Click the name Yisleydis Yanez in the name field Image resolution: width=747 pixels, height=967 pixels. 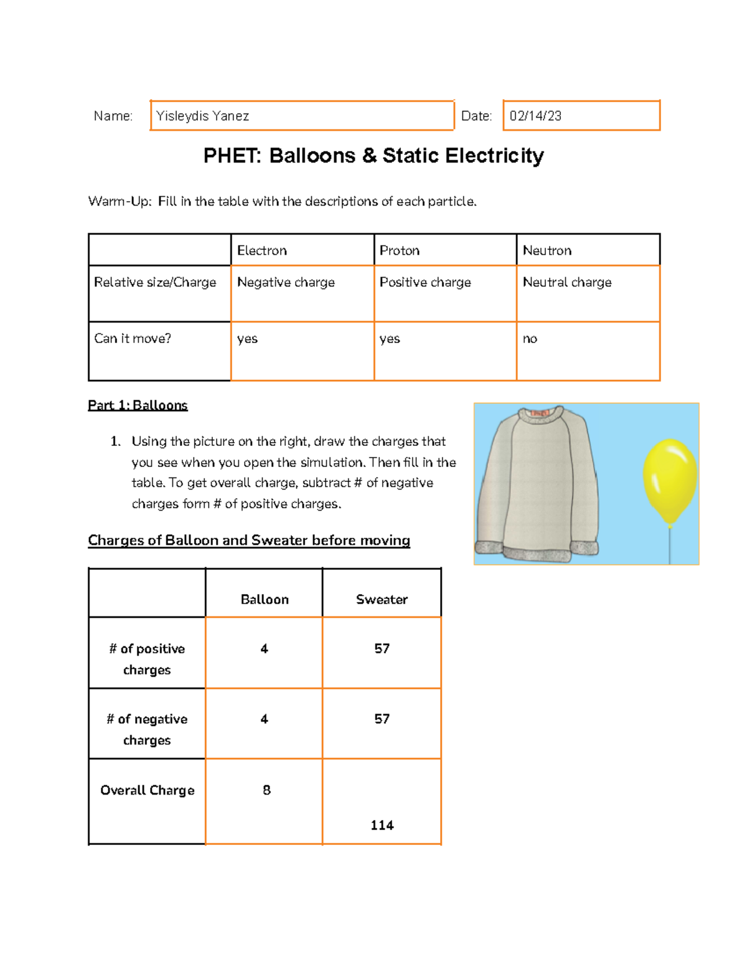tap(202, 116)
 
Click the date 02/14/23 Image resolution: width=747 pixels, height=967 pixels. tap(535, 116)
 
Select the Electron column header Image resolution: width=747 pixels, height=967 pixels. tap(262, 250)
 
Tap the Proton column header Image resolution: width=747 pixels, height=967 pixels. tap(400, 250)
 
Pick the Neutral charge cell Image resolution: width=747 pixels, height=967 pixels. tap(567, 282)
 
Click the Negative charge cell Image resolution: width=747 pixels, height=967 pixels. tap(286, 282)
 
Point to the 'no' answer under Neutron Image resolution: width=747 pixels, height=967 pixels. tap(530, 339)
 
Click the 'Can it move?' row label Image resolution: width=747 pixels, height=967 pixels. tap(133, 339)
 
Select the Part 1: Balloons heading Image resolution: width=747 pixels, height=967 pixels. tap(138, 405)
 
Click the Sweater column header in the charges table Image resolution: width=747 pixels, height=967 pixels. tap(382, 600)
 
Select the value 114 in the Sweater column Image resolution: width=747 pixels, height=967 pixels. tap(382, 825)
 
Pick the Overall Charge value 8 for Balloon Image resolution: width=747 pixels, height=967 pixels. tap(266, 790)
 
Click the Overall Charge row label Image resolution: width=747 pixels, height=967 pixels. tap(148, 790)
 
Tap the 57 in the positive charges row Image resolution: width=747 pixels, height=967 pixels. tap(382, 649)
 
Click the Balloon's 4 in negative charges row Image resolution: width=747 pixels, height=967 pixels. tap(264, 719)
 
